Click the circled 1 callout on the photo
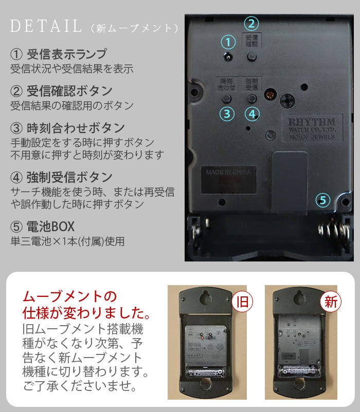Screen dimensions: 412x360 pyautogui.click(x=227, y=42)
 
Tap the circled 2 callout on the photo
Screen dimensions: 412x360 pyautogui.click(x=251, y=23)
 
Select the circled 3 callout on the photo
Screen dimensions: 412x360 pyautogui.click(x=227, y=114)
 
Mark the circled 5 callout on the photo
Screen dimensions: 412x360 pyautogui.click(x=322, y=200)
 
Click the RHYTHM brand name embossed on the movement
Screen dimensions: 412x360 pyautogui.click(x=312, y=122)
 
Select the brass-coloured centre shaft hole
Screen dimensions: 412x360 pyautogui.click(x=269, y=94)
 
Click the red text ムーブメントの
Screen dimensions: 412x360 pyautogui.click(x=69, y=297)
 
